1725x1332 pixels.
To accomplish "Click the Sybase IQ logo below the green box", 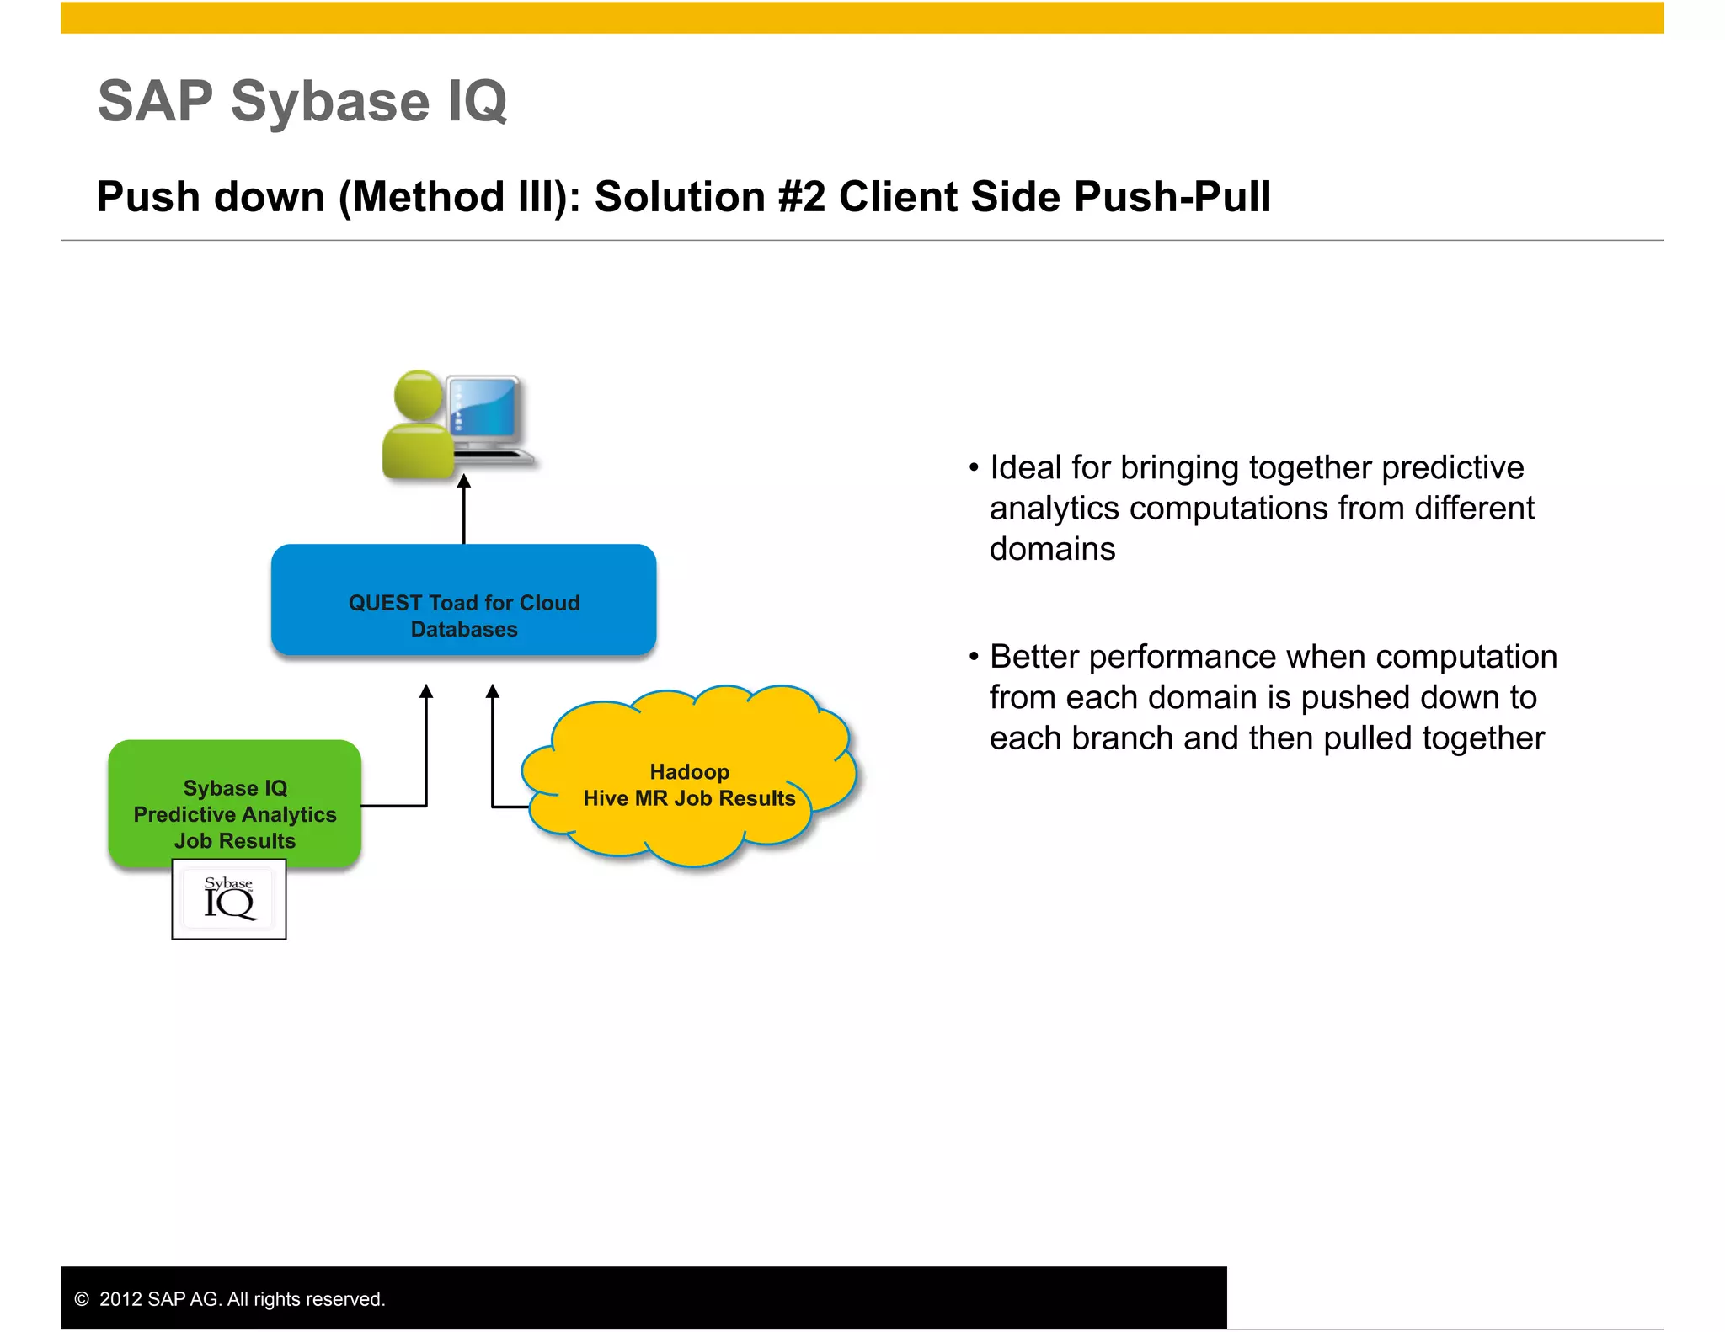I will point(229,899).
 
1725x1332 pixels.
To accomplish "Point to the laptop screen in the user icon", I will point(483,408).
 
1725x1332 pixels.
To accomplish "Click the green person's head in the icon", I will point(418,393).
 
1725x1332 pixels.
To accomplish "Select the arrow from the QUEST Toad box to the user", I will point(463,509).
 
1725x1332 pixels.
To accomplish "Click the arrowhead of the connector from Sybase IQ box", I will point(426,692).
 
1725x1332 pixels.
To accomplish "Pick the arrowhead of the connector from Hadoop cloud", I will point(493,692).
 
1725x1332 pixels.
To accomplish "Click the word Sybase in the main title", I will point(330,101).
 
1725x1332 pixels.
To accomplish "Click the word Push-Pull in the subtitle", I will point(1172,197).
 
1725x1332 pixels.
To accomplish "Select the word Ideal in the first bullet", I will point(1025,467).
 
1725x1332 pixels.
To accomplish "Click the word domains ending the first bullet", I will point(1052,549).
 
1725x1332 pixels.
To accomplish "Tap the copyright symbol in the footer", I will point(82,1299).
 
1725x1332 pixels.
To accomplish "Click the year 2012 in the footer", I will point(120,1299).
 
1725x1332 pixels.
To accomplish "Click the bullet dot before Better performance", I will point(974,657).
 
